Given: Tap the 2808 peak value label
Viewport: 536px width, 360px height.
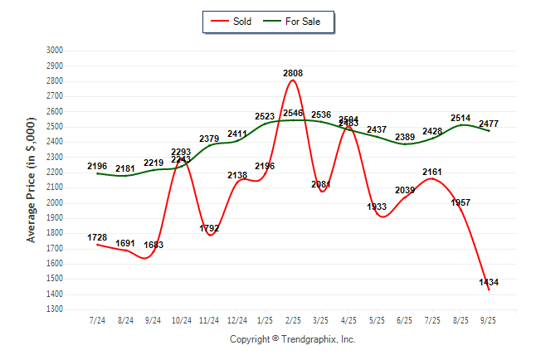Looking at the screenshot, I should tap(293, 73).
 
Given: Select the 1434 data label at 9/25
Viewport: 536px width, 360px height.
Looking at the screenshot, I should tap(489, 283).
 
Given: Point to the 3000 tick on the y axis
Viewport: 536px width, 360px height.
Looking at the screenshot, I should tap(55, 51).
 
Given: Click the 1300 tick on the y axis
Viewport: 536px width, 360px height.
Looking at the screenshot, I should tap(55, 309).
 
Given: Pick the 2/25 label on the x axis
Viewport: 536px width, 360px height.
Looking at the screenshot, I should tap(293, 319).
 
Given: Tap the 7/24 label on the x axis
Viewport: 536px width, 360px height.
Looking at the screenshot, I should tap(97, 319).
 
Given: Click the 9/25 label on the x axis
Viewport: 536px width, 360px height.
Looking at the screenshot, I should tap(489, 319).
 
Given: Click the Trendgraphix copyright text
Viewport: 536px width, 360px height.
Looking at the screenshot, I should tap(292, 339).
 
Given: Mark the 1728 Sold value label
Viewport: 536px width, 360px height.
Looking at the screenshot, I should tap(97, 238).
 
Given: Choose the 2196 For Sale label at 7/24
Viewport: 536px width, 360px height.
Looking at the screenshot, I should tap(97, 167).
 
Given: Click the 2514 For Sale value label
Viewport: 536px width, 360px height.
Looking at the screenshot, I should tap(460, 119).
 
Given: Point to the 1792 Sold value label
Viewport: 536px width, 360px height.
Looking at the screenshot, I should tap(209, 228).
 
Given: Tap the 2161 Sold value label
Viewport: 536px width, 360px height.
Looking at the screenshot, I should tap(433, 173).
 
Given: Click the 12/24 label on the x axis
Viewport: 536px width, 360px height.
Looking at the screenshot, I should tap(236, 319).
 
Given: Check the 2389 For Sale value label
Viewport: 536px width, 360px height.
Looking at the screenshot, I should tap(405, 137).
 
